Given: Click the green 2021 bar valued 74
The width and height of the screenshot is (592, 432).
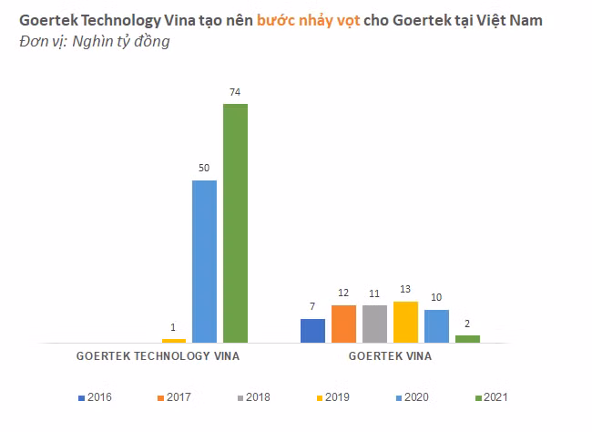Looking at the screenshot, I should pos(235,223).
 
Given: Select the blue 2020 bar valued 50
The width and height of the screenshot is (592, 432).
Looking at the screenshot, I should pos(204,262).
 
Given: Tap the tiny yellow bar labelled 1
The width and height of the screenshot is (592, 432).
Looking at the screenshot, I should pos(173,340).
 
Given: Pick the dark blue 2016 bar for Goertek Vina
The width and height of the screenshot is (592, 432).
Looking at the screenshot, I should pos(312,331).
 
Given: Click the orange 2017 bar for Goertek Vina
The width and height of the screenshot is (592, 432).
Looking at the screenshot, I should pos(343,324).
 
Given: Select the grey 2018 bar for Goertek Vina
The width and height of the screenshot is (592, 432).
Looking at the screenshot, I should pos(374,324).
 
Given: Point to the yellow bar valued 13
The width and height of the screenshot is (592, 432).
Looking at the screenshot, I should pos(405,322).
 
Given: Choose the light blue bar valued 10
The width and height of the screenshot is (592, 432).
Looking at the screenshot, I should pos(436,326).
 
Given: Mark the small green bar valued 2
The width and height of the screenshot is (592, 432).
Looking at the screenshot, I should pos(467,339).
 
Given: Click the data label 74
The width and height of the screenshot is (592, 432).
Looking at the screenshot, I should pos(235,93).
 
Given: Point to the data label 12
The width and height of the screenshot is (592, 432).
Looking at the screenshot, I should pos(343,293).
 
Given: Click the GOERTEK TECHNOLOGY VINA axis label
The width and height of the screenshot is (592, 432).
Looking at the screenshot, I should pos(157,356).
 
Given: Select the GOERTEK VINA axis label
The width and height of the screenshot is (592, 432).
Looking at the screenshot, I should pos(390,356).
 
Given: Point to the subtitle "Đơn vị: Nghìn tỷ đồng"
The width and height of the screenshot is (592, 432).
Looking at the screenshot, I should pos(95,42).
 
